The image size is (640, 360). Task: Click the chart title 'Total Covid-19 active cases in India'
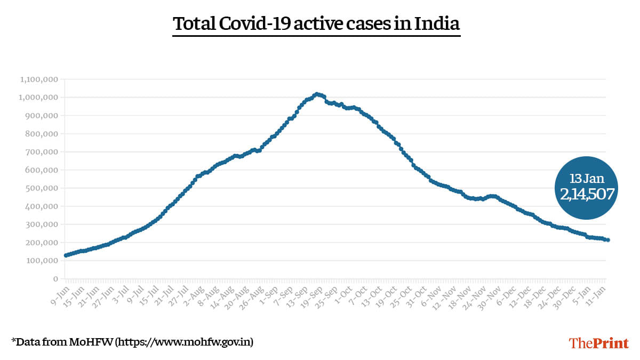[316, 24]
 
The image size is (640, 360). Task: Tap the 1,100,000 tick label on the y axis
[39, 79]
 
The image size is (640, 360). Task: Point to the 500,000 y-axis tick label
[41, 188]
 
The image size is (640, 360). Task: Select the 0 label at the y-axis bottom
[55, 279]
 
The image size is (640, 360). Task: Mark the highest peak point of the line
[317, 94]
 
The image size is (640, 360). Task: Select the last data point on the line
[608, 240]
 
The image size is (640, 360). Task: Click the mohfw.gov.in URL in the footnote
[185, 341]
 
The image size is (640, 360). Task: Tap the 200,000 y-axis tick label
[41, 243]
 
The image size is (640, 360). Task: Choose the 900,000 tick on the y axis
[41, 116]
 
